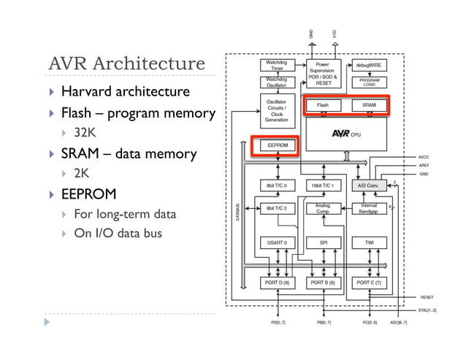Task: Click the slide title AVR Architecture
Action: [x=126, y=64]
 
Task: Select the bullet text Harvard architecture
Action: [x=125, y=92]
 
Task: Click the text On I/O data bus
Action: [x=117, y=234]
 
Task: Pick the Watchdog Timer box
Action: [x=276, y=65]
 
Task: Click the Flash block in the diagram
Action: [x=323, y=105]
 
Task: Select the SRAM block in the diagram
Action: [x=370, y=105]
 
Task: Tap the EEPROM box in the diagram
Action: [x=278, y=145]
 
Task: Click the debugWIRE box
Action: [x=370, y=65]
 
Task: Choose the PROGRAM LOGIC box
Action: [x=370, y=82]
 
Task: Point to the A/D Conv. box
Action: [x=370, y=185]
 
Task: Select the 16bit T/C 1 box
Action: [x=323, y=185]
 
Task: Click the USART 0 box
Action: [x=276, y=241]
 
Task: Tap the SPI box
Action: [x=323, y=241]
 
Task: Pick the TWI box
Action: [x=370, y=241]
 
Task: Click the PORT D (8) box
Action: [x=276, y=282]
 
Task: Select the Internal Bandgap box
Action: [x=370, y=209]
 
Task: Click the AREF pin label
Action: [x=424, y=166]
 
